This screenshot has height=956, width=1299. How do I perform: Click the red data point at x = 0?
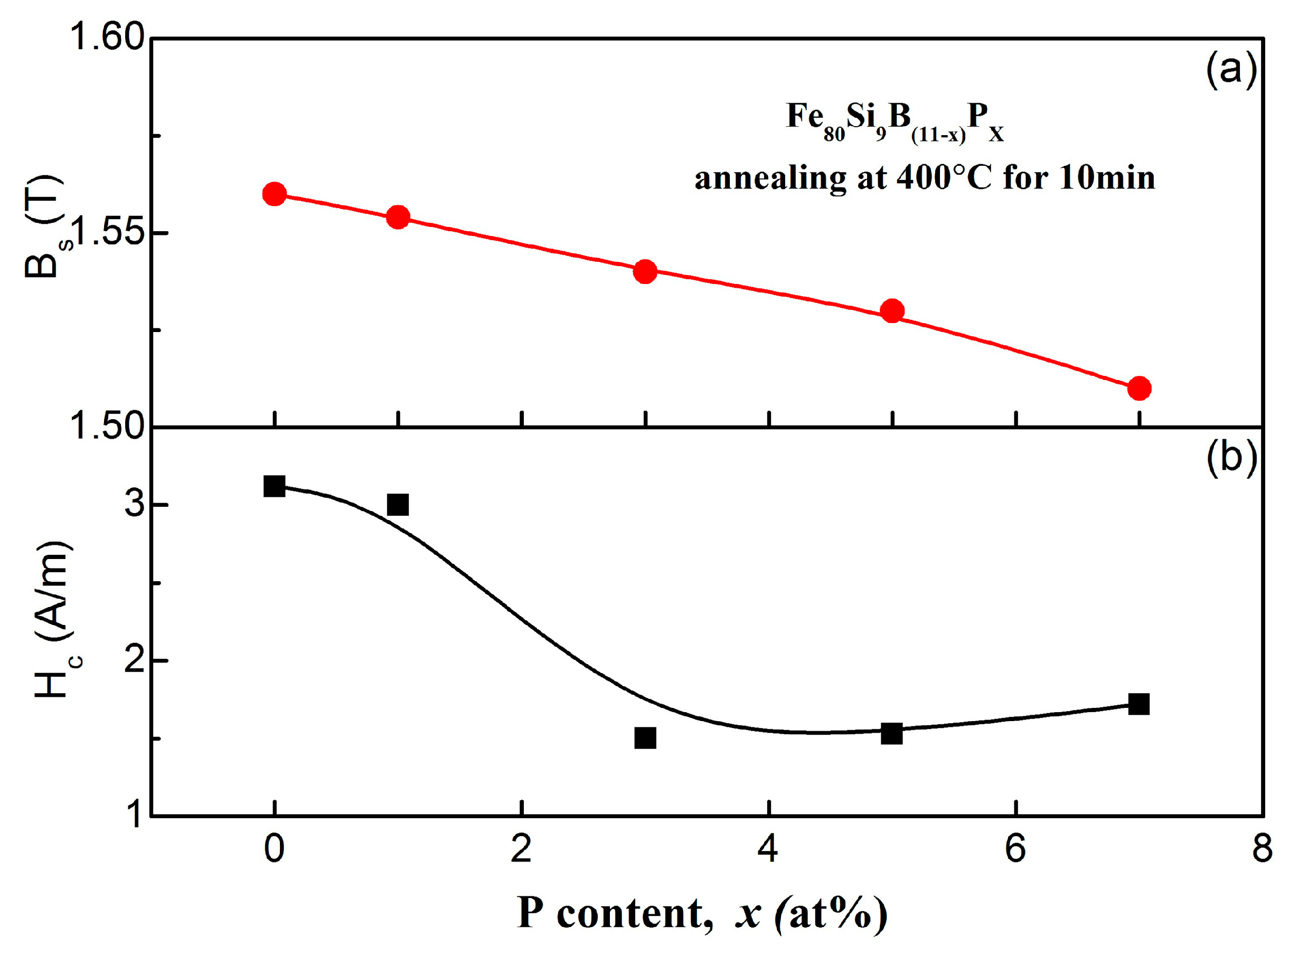(274, 193)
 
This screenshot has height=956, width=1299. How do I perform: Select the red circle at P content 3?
(645, 271)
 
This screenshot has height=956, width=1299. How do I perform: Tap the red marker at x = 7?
(1139, 389)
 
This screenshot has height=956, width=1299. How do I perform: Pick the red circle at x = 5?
(892, 311)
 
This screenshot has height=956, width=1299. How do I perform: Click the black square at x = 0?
(274, 486)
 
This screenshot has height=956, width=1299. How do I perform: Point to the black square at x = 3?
(645, 738)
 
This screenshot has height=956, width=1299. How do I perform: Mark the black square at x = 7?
(1138, 704)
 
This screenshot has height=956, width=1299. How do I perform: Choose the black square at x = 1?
(398, 505)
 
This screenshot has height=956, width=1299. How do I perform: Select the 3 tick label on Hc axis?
(134, 505)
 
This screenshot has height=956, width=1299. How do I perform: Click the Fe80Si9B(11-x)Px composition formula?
(895, 121)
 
